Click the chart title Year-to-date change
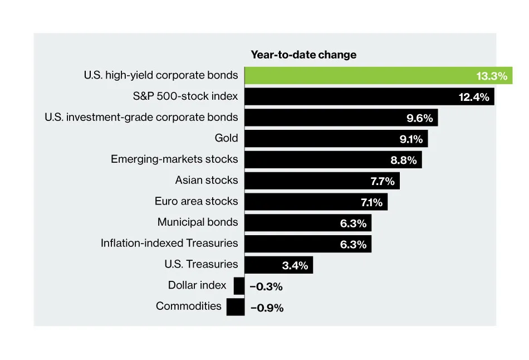[303, 55]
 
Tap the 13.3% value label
[492, 76]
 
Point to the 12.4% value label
[474, 98]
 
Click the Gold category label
[226, 138]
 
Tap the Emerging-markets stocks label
[174, 159]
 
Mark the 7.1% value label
[370, 202]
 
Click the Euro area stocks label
[196, 201]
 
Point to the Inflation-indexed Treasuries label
[169, 243]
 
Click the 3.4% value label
[295, 265]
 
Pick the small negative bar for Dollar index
[239, 286]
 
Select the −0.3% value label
[266, 286]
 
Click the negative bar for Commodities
[235, 307]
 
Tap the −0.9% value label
[267, 308]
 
